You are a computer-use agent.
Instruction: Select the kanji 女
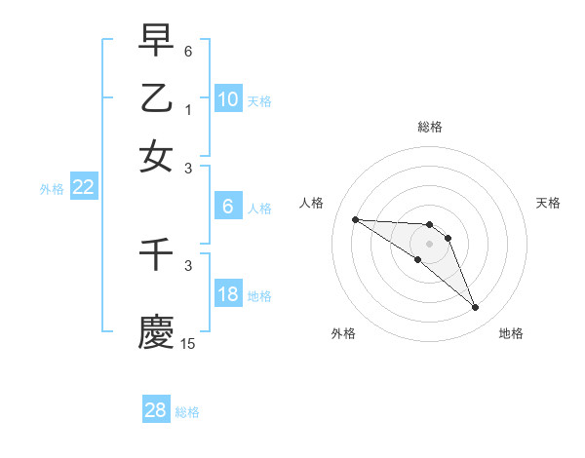tap(156, 156)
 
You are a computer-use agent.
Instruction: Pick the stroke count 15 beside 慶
tap(188, 343)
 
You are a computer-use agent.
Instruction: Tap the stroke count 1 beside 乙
tap(188, 109)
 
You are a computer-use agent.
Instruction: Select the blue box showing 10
tap(227, 99)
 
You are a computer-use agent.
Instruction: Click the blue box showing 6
tap(227, 207)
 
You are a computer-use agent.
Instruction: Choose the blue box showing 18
tap(227, 295)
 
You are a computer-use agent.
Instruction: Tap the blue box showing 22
tap(83, 188)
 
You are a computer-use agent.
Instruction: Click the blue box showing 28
tap(156, 410)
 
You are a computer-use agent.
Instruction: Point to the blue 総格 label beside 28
tap(187, 412)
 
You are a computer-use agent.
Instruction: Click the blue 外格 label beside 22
tap(52, 189)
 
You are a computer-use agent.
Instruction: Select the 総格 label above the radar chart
tap(430, 127)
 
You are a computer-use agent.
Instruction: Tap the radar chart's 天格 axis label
tap(549, 203)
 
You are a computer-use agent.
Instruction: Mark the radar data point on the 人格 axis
tap(355, 219)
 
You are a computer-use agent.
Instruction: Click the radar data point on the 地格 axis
tap(475, 308)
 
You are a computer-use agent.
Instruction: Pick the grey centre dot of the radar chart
tap(429, 243)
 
